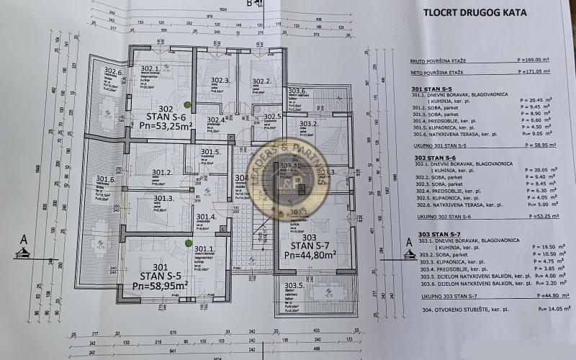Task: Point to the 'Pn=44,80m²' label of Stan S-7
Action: (309, 254)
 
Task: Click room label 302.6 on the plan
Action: (114, 71)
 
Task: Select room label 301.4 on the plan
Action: (206, 217)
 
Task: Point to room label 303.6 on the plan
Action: (298, 91)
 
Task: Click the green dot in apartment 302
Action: (167, 67)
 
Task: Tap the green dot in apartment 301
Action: (187, 243)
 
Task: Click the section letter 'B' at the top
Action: (248, 4)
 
